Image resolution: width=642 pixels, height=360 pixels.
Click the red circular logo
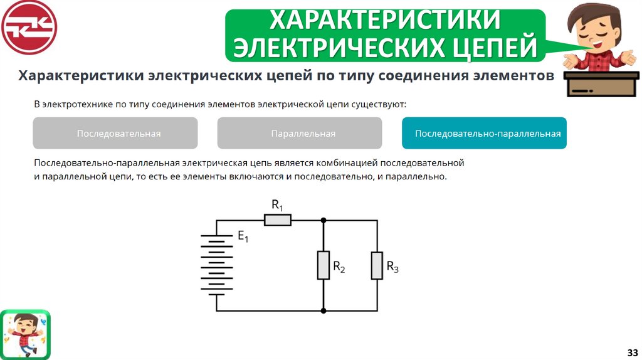[x=29, y=28]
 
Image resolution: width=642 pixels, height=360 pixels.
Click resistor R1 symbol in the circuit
[x=277, y=220]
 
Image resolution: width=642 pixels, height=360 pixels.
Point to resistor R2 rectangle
[x=324, y=265]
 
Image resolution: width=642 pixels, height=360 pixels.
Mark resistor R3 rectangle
[x=377, y=265]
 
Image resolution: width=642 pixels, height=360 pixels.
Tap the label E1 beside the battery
[x=243, y=237]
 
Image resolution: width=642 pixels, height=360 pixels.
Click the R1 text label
[x=277, y=205]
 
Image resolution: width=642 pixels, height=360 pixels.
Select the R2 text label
[x=339, y=267]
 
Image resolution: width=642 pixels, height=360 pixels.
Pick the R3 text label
[x=392, y=267]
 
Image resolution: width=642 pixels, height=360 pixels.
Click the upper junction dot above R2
[x=324, y=221]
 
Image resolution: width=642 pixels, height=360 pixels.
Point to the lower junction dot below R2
[x=324, y=310]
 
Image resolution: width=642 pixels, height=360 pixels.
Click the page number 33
[x=631, y=351]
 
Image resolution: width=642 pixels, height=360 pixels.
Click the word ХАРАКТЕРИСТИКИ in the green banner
[x=386, y=19]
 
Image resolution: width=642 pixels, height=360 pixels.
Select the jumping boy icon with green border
[x=26, y=333]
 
